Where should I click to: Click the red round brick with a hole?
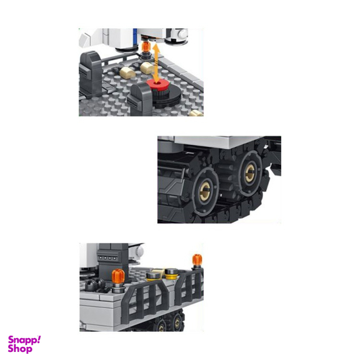point(157,85)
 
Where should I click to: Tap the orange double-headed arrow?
point(156,64)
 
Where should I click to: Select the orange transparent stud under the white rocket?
point(146,47)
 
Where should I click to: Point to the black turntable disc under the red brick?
point(166,98)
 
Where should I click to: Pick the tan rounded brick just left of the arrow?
point(147,68)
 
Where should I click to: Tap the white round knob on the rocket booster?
point(182,34)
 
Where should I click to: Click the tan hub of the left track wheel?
point(204,191)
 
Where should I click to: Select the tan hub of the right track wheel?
point(250,173)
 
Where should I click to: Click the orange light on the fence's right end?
point(197,259)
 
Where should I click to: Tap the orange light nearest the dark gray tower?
point(118,276)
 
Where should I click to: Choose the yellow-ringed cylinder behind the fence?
point(171,274)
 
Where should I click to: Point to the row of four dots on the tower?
point(107,258)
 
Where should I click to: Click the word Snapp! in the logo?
point(24,340)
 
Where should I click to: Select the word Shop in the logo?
point(20,349)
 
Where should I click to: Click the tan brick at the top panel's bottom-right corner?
point(197,113)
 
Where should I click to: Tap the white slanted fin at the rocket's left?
point(85,40)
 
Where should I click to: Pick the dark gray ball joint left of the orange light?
point(91,284)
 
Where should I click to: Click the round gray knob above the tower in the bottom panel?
point(139,252)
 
